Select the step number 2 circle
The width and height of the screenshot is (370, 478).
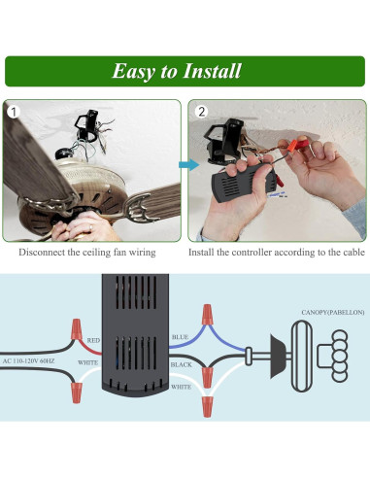201,112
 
